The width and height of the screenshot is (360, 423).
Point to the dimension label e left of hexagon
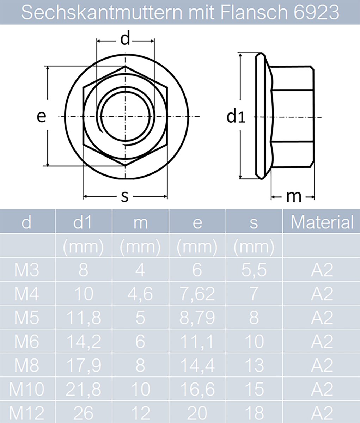[x=42, y=116]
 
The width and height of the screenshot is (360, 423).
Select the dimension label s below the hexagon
[x=125, y=197]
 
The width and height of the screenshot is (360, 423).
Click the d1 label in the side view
[x=236, y=116]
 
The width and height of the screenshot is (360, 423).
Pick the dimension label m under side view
[x=294, y=197]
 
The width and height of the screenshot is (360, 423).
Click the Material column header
[x=322, y=222]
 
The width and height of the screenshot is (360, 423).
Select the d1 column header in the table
[x=83, y=222]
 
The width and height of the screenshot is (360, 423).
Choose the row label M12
[x=27, y=412]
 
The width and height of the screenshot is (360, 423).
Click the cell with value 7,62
[x=197, y=294]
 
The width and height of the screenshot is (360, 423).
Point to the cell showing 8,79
[x=197, y=318]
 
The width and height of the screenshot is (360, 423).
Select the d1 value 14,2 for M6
[x=83, y=341]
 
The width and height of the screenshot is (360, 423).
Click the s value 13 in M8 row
[x=254, y=365]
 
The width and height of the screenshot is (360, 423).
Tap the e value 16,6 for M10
[x=197, y=389]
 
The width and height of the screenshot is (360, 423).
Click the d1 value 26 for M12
[x=83, y=412]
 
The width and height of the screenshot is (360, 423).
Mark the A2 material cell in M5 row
[x=322, y=318]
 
